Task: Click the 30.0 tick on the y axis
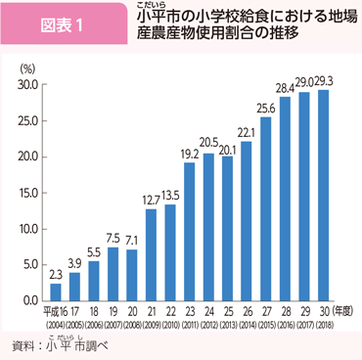26,85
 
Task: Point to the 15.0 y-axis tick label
26,193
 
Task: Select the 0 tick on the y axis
34,299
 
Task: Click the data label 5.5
93,250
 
